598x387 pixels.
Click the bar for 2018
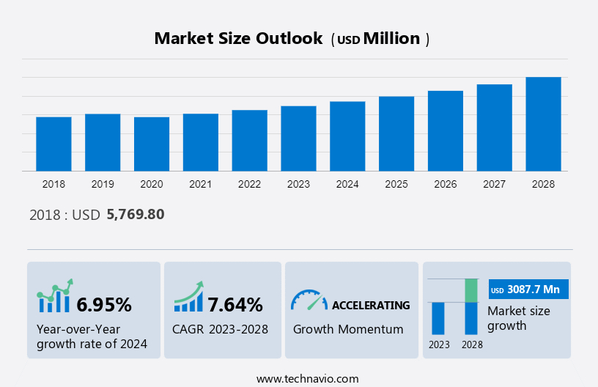point(53,144)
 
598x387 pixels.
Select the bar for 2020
point(152,144)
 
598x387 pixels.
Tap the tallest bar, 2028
point(543,124)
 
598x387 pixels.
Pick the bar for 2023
point(298,139)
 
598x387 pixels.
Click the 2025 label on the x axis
point(396,184)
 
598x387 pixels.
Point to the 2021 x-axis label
point(201,184)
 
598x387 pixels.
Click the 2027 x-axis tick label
point(495,184)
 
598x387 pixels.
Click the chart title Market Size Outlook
point(238,39)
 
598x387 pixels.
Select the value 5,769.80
point(136,215)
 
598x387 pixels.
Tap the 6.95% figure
point(104,304)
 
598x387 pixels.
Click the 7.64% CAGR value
point(235,304)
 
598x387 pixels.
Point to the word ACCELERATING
point(371,305)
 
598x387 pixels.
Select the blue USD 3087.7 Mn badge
point(528,290)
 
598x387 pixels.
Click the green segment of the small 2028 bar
point(471,290)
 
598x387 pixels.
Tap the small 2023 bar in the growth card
point(438,318)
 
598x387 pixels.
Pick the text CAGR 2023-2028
point(220,329)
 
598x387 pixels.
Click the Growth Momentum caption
point(348,329)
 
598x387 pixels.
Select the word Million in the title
point(392,39)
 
